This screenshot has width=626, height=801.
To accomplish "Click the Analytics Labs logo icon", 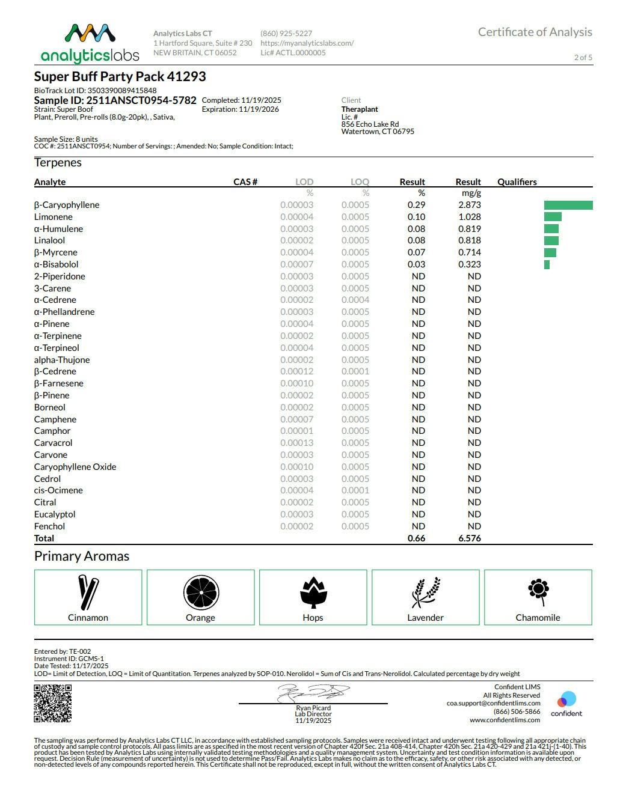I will pyautogui.click(x=90, y=35).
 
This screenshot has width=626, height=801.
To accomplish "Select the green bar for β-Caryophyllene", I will pyautogui.click(x=568, y=206).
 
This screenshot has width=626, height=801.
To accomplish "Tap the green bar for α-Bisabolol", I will pyautogui.click(x=547, y=265).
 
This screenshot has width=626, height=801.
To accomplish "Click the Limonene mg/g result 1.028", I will pyautogui.click(x=469, y=217).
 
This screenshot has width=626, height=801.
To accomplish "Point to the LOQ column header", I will pyautogui.click(x=360, y=182).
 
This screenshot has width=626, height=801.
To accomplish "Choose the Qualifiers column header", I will pyautogui.click(x=517, y=182).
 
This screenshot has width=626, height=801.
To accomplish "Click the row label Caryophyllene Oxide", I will pyautogui.click(x=75, y=467).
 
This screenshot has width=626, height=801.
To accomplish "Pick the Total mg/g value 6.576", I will pyautogui.click(x=469, y=538).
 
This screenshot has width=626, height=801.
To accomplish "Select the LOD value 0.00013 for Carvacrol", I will pyautogui.click(x=296, y=443).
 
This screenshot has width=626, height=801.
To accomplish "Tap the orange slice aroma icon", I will pyautogui.click(x=200, y=592).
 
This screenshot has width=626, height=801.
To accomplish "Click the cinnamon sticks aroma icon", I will pyautogui.click(x=88, y=592).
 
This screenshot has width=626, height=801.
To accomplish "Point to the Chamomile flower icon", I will pyautogui.click(x=538, y=591).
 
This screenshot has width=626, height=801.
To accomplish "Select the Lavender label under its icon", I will pyautogui.click(x=425, y=618).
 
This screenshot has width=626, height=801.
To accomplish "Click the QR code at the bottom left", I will pyautogui.click(x=53, y=703).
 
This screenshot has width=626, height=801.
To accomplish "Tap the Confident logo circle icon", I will pyautogui.click(x=566, y=699).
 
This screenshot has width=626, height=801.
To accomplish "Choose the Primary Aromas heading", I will pyautogui.click(x=82, y=556).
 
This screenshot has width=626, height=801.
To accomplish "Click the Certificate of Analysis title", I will pyautogui.click(x=535, y=32).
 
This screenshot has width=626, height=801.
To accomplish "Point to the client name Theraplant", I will pyautogui.click(x=360, y=109).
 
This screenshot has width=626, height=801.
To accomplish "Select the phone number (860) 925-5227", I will pyautogui.click(x=286, y=34).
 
